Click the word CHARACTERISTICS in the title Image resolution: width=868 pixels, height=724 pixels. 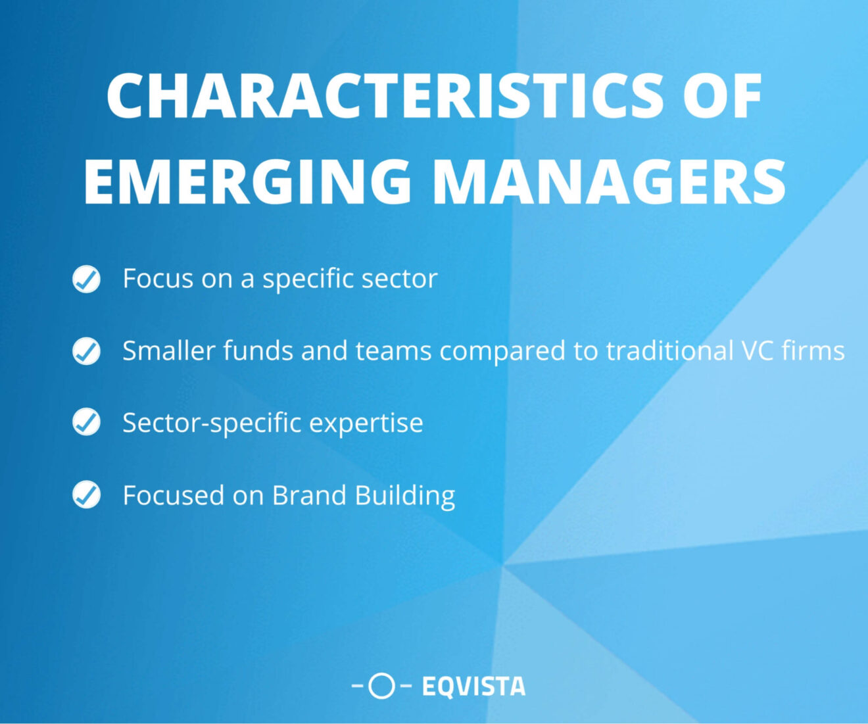pos(385,96)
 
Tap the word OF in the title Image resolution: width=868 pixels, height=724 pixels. pos(723,96)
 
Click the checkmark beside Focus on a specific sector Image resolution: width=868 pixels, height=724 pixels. pos(86,279)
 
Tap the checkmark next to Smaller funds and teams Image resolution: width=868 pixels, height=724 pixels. pos(86,351)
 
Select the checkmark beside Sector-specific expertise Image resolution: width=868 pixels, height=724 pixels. pos(86,422)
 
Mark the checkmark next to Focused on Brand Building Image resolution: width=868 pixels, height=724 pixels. pos(86,495)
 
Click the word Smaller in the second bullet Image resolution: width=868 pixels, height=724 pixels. pos(169,351)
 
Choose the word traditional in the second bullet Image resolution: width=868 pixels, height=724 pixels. pos(669,351)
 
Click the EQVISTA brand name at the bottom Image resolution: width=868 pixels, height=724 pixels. pos(473,687)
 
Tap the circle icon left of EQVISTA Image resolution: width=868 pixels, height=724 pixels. pos(381,686)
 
